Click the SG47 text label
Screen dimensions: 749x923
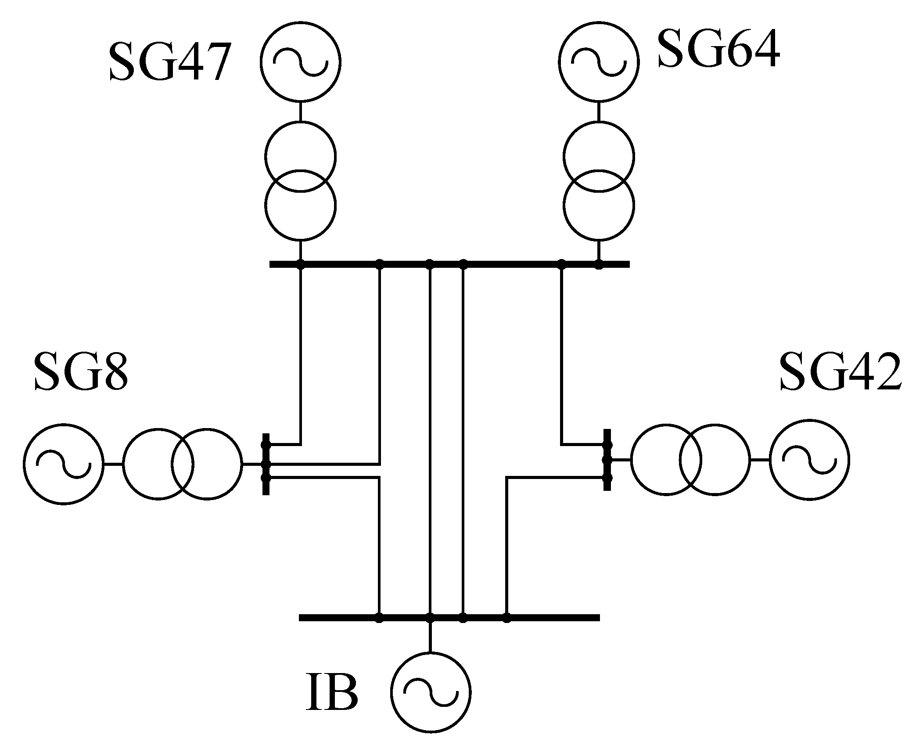pyautogui.click(x=169, y=63)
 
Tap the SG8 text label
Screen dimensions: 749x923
pyautogui.click(x=81, y=372)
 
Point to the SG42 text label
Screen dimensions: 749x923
pyautogui.click(x=840, y=372)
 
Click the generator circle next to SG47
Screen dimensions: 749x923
pyautogui.click(x=300, y=61)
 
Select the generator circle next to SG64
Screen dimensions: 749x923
pyautogui.click(x=599, y=61)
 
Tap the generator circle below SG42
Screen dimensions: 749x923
pyautogui.click(x=809, y=460)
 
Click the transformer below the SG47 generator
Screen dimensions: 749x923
pyautogui.click(x=300, y=181)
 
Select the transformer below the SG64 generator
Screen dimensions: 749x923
pyautogui.click(x=599, y=181)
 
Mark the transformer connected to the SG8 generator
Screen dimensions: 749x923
pyautogui.click(x=182, y=464)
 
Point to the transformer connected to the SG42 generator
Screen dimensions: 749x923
pyautogui.click(x=690, y=460)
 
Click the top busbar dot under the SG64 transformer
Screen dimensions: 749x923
pyautogui.click(x=599, y=264)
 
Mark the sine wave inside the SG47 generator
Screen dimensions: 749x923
pyautogui.click(x=300, y=61)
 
